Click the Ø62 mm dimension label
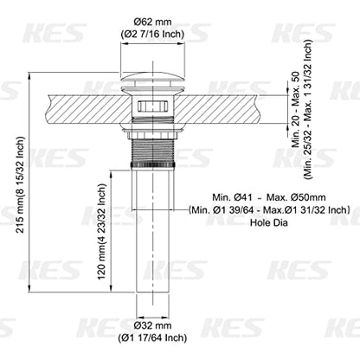pyautogui.click(x=152, y=22)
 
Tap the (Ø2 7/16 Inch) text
pyautogui.click(x=152, y=34)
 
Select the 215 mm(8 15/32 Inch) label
pyautogui.click(x=20, y=184)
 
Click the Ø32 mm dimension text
pyautogui.click(x=152, y=325)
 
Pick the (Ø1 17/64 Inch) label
pyautogui.click(x=152, y=337)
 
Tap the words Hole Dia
pyautogui.click(x=269, y=222)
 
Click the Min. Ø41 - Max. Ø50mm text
pyautogui.click(x=269, y=197)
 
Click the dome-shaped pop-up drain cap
pyautogui.click(x=152, y=79)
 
